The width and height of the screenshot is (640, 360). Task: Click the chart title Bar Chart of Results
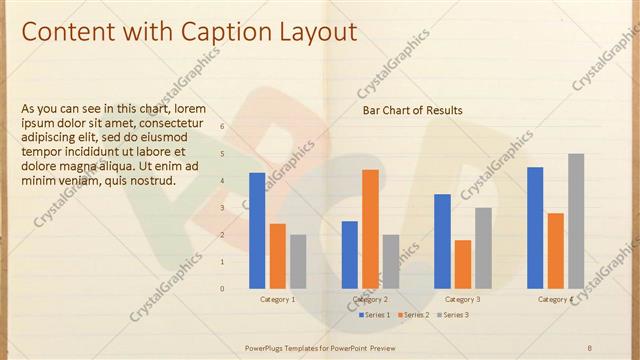coord(412,110)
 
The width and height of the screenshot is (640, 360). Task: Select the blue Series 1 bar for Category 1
coord(257,230)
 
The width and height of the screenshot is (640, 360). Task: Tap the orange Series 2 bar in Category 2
coord(370,229)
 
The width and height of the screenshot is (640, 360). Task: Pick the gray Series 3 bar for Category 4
coord(576,221)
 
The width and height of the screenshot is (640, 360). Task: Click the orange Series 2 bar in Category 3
coord(463,264)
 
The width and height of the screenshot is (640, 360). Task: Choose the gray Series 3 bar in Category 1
coord(298,261)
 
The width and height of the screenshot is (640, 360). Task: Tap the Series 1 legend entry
coord(375,315)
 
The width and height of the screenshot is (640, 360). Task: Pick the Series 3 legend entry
coord(452,315)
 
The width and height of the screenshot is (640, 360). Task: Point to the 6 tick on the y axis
coord(223,127)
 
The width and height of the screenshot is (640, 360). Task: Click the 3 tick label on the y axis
coord(223,208)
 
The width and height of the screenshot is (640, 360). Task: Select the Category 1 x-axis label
coord(278,299)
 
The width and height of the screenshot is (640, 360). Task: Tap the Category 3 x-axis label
coord(462,299)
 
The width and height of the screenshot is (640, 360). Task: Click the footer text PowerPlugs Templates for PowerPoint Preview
coord(320,347)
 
